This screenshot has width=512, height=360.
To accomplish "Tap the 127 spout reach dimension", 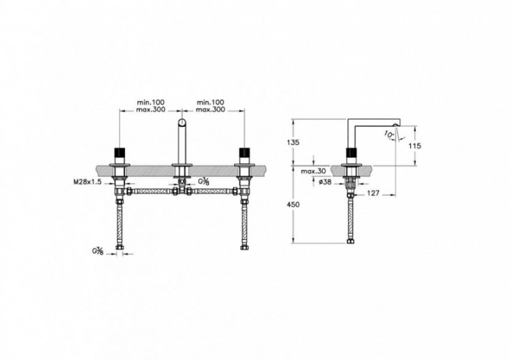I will (373, 193).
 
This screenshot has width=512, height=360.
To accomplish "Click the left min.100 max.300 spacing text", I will (152, 105).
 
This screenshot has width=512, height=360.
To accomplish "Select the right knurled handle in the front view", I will (243, 152).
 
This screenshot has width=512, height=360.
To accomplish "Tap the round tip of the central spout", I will (182, 123).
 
